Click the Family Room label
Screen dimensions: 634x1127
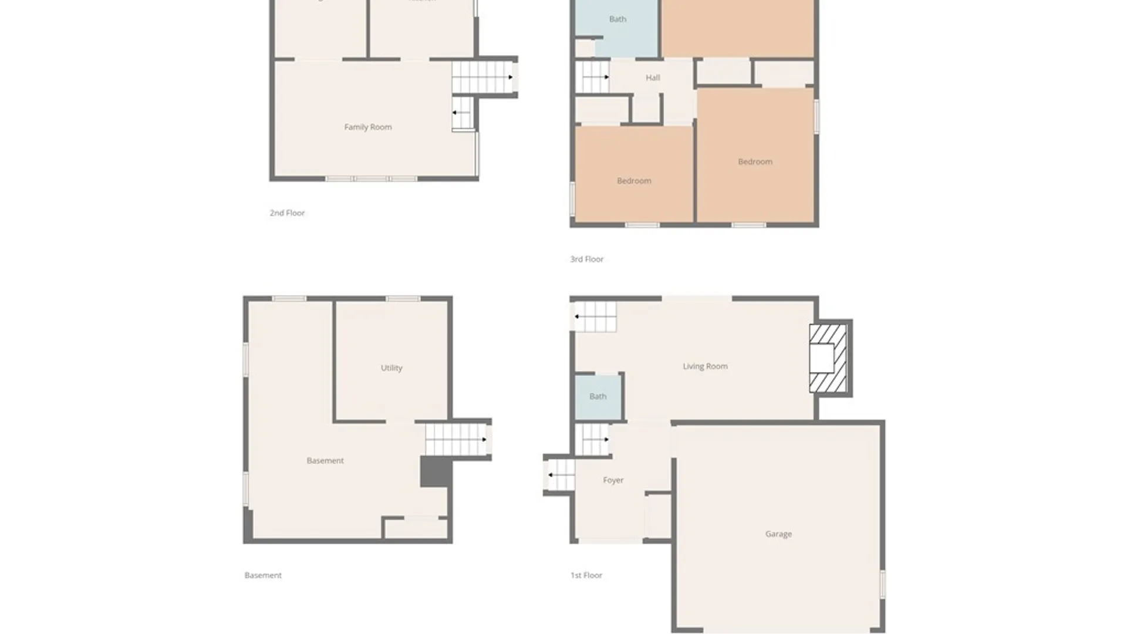(x=367, y=127)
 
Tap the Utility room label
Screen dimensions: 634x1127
(x=392, y=368)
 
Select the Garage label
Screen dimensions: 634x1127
(x=778, y=534)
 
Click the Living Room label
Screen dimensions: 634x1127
(x=705, y=366)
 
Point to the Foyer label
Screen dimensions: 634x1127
(x=613, y=480)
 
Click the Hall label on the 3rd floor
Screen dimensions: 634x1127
(x=653, y=77)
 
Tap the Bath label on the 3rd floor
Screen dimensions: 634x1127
(x=618, y=19)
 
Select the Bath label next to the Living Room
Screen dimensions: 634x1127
(x=598, y=397)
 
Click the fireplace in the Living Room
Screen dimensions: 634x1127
(x=828, y=358)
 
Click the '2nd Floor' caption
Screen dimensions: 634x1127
(x=287, y=213)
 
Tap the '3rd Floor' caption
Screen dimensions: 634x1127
(x=586, y=259)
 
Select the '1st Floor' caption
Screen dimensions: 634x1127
(x=586, y=575)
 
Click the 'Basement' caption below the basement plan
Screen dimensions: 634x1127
(x=263, y=575)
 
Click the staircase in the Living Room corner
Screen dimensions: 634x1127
(x=595, y=317)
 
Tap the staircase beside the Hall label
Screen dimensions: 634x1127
(x=592, y=77)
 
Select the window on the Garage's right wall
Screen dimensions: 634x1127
(x=882, y=584)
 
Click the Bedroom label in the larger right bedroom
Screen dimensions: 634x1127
(x=755, y=161)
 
